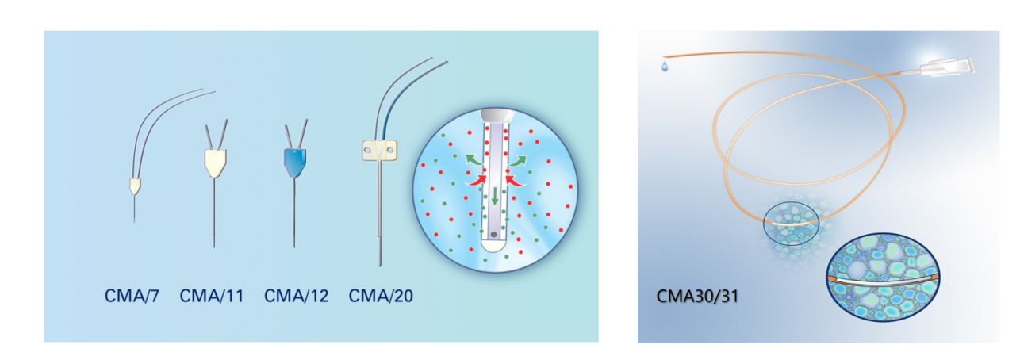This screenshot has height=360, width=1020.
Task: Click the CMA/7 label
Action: [132, 297]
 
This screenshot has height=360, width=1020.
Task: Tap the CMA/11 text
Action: [212, 297]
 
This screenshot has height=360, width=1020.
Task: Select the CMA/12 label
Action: [296, 297]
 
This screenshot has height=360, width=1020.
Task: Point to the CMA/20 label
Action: [381, 297]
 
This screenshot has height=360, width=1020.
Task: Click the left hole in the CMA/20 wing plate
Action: [369, 148]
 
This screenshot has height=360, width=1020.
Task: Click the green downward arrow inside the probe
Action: [496, 195]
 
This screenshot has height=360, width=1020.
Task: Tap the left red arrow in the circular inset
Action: [477, 181]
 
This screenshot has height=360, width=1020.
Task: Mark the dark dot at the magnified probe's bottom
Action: [495, 235]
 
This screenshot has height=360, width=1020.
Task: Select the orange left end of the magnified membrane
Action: [832, 279]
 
